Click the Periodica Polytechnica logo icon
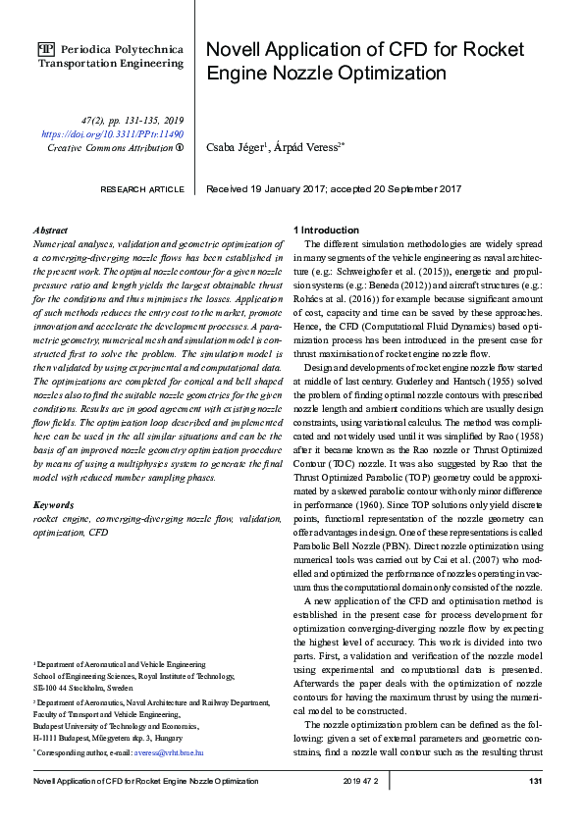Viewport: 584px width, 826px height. [x=46, y=48]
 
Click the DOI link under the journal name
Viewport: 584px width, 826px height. [x=113, y=132]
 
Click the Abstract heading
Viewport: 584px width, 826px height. [x=50, y=228]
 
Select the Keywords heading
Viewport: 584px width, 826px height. [x=55, y=505]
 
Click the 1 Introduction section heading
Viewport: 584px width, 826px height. [x=331, y=229]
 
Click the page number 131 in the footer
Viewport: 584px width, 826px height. [x=536, y=781]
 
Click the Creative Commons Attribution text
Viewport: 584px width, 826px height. [x=110, y=147]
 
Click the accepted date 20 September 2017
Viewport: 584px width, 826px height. [x=427, y=188]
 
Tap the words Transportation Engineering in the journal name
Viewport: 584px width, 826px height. [x=110, y=63]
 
